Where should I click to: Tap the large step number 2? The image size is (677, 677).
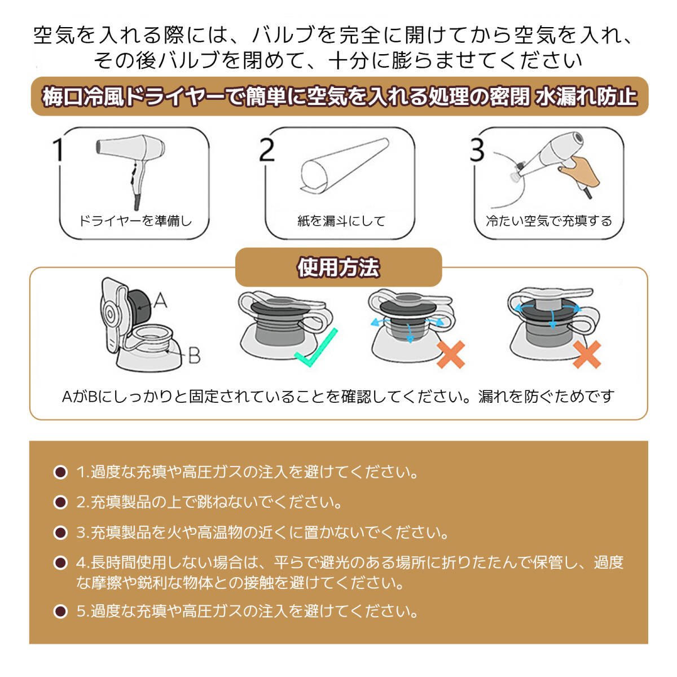(x=267, y=150)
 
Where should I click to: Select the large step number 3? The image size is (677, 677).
(x=477, y=150)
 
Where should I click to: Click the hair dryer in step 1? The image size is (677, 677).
(x=134, y=165)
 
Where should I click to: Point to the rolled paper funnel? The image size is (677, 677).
(x=344, y=165)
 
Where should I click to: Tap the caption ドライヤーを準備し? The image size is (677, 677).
(x=135, y=221)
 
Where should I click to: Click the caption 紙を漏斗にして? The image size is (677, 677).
(x=341, y=221)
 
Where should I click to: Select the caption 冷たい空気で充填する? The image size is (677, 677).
(x=549, y=221)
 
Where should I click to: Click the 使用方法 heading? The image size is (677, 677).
(x=338, y=268)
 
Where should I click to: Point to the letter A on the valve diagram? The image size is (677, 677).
(x=160, y=300)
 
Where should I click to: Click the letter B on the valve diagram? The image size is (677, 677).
(x=194, y=355)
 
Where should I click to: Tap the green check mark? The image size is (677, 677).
(x=316, y=348)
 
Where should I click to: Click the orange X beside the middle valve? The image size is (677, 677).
(x=451, y=354)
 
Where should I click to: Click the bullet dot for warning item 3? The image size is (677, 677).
(x=60, y=533)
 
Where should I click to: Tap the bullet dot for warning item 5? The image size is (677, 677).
(x=60, y=612)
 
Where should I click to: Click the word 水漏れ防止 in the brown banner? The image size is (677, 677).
(x=586, y=96)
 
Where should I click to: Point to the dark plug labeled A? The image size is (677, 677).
(x=140, y=306)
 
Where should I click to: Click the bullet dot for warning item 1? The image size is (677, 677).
(x=60, y=472)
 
